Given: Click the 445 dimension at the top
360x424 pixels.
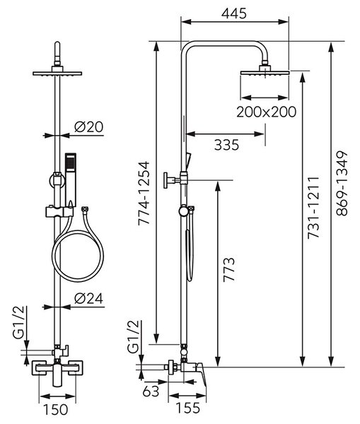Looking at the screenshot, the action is point(234,13).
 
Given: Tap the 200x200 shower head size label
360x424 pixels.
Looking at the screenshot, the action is point(267,112).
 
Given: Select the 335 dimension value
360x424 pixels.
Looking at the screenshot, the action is point(227,145).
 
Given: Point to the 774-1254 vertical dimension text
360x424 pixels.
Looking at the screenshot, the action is point(144,193).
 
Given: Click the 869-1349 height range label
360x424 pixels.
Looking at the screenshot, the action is point(342,184).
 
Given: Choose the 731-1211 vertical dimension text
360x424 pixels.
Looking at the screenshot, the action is point(313,208).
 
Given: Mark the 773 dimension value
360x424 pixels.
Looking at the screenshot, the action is point(228,269).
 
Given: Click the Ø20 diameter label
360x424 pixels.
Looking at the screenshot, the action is point(89,126).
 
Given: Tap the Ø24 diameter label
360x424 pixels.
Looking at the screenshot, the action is point(89,298).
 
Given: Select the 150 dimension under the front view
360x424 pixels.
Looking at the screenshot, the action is point(56,409).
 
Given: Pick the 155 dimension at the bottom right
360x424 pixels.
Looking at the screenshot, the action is point(188,408).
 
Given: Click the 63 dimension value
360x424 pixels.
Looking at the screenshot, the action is point(151,391).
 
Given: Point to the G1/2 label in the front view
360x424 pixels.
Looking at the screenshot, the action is point(18,323).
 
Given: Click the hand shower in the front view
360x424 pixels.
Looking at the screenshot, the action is point(71,179).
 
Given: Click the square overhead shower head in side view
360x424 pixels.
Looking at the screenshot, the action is point(265,73).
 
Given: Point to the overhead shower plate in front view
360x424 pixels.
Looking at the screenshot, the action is point(57,73).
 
